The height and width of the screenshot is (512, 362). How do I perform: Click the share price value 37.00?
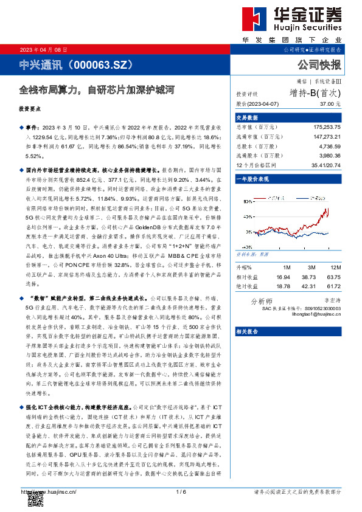332,105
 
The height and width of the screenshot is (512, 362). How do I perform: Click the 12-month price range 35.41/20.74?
326,165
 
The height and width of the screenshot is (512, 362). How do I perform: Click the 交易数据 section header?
247,117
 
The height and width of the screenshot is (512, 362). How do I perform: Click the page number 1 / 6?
181,491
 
